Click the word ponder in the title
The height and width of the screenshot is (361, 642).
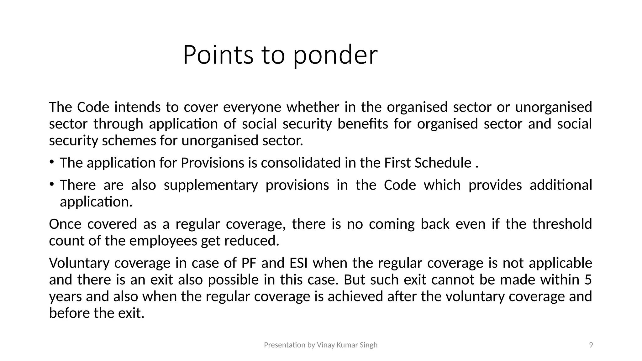pos(335,55)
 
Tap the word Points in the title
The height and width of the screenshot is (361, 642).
pos(218,55)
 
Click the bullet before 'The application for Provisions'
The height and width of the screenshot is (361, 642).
pos(51,162)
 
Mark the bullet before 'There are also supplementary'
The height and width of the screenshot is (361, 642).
pos(51,184)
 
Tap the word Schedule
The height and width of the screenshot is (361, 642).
pos(443,163)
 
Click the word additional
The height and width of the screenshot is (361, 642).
pos(560,185)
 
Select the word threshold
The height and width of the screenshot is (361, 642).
pos(562,224)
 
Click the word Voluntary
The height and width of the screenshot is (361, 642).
pos(79,263)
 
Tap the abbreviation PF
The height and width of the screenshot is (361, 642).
pos(249,263)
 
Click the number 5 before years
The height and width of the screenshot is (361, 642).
pos(588,280)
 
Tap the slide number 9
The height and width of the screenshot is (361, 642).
pos(591,345)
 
